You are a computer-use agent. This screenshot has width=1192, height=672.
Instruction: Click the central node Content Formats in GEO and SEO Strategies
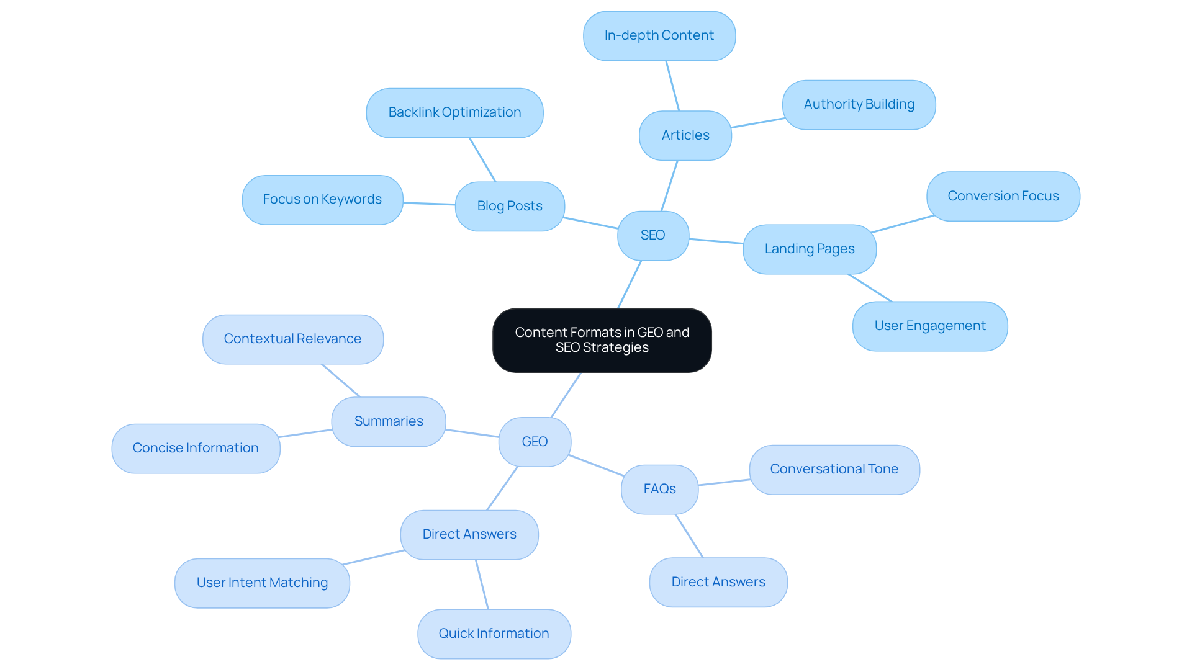tap(602, 340)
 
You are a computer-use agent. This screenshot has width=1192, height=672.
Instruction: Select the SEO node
tap(653, 235)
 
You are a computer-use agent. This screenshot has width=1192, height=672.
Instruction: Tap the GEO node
tap(535, 442)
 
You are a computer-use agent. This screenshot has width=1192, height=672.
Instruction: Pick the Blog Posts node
tap(510, 206)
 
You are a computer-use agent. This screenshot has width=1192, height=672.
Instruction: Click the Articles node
tap(685, 135)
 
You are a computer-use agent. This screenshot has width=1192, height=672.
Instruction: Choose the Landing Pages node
tap(810, 249)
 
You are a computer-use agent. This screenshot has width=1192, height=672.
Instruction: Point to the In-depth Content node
tap(659, 35)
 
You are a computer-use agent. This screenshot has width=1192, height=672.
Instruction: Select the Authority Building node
tap(859, 104)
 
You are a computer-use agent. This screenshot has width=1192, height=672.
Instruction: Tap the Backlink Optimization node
tap(454, 112)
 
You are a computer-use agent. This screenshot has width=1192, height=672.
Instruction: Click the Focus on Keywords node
tap(322, 199)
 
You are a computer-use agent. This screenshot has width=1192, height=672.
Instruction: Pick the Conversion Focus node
tap(1003, 196)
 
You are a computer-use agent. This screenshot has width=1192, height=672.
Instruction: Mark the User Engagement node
tap(930, 326)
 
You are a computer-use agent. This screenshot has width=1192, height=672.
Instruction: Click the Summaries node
tap(389, 421)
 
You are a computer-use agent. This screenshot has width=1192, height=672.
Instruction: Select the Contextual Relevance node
tap(292, 339)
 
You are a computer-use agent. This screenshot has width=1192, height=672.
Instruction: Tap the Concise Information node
tap(196, 448)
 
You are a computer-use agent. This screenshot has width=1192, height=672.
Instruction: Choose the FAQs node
tap(660, 489)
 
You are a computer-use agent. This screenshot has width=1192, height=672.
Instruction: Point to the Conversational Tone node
tap(834, 469)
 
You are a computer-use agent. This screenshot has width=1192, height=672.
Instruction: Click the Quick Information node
tap(494, 634)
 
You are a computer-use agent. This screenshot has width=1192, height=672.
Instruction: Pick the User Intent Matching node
tap(262, 583)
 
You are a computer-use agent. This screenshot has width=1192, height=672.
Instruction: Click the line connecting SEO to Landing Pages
tap(716, 241)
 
